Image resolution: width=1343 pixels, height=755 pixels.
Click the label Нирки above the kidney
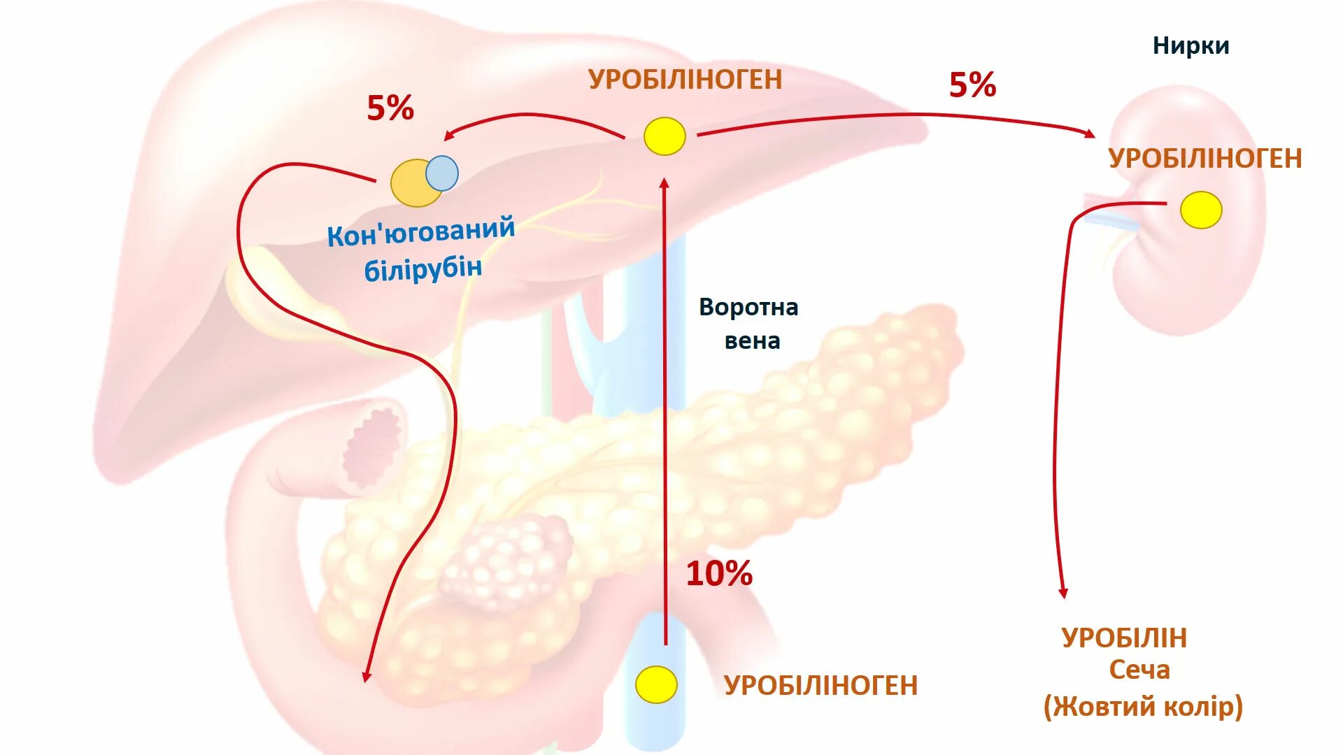[1191, 46]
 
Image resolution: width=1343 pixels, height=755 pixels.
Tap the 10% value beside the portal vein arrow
[719, 574]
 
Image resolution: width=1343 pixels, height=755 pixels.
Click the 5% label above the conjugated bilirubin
[390, 108]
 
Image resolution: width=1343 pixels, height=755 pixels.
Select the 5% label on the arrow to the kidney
[972, 85]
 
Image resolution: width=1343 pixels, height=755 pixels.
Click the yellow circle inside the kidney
[1201, 210]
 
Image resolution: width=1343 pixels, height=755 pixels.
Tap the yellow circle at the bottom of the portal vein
[656, 684]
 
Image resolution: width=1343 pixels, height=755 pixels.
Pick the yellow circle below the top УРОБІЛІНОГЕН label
[665, 136]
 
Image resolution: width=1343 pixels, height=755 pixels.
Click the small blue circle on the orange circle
[442, 173]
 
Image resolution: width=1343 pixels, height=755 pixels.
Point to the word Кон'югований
[421, 231]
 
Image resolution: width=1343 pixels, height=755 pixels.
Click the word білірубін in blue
[423, 268]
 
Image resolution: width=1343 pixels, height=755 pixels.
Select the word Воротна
[748, 308]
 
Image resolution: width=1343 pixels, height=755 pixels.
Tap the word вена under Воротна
[752, 341]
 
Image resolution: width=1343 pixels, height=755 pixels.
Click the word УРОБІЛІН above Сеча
[1124, 638]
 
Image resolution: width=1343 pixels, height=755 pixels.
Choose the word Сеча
[1139, 670]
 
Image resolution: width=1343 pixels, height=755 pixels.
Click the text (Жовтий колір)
[1143, 707]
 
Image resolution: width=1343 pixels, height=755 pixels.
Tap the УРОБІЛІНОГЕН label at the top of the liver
[685, 80]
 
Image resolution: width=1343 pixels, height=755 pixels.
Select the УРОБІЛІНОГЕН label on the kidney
[1205, 159]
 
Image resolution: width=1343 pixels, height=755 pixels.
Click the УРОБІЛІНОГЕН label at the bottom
[820, 686]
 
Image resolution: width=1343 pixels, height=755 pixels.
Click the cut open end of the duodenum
[373, 447]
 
